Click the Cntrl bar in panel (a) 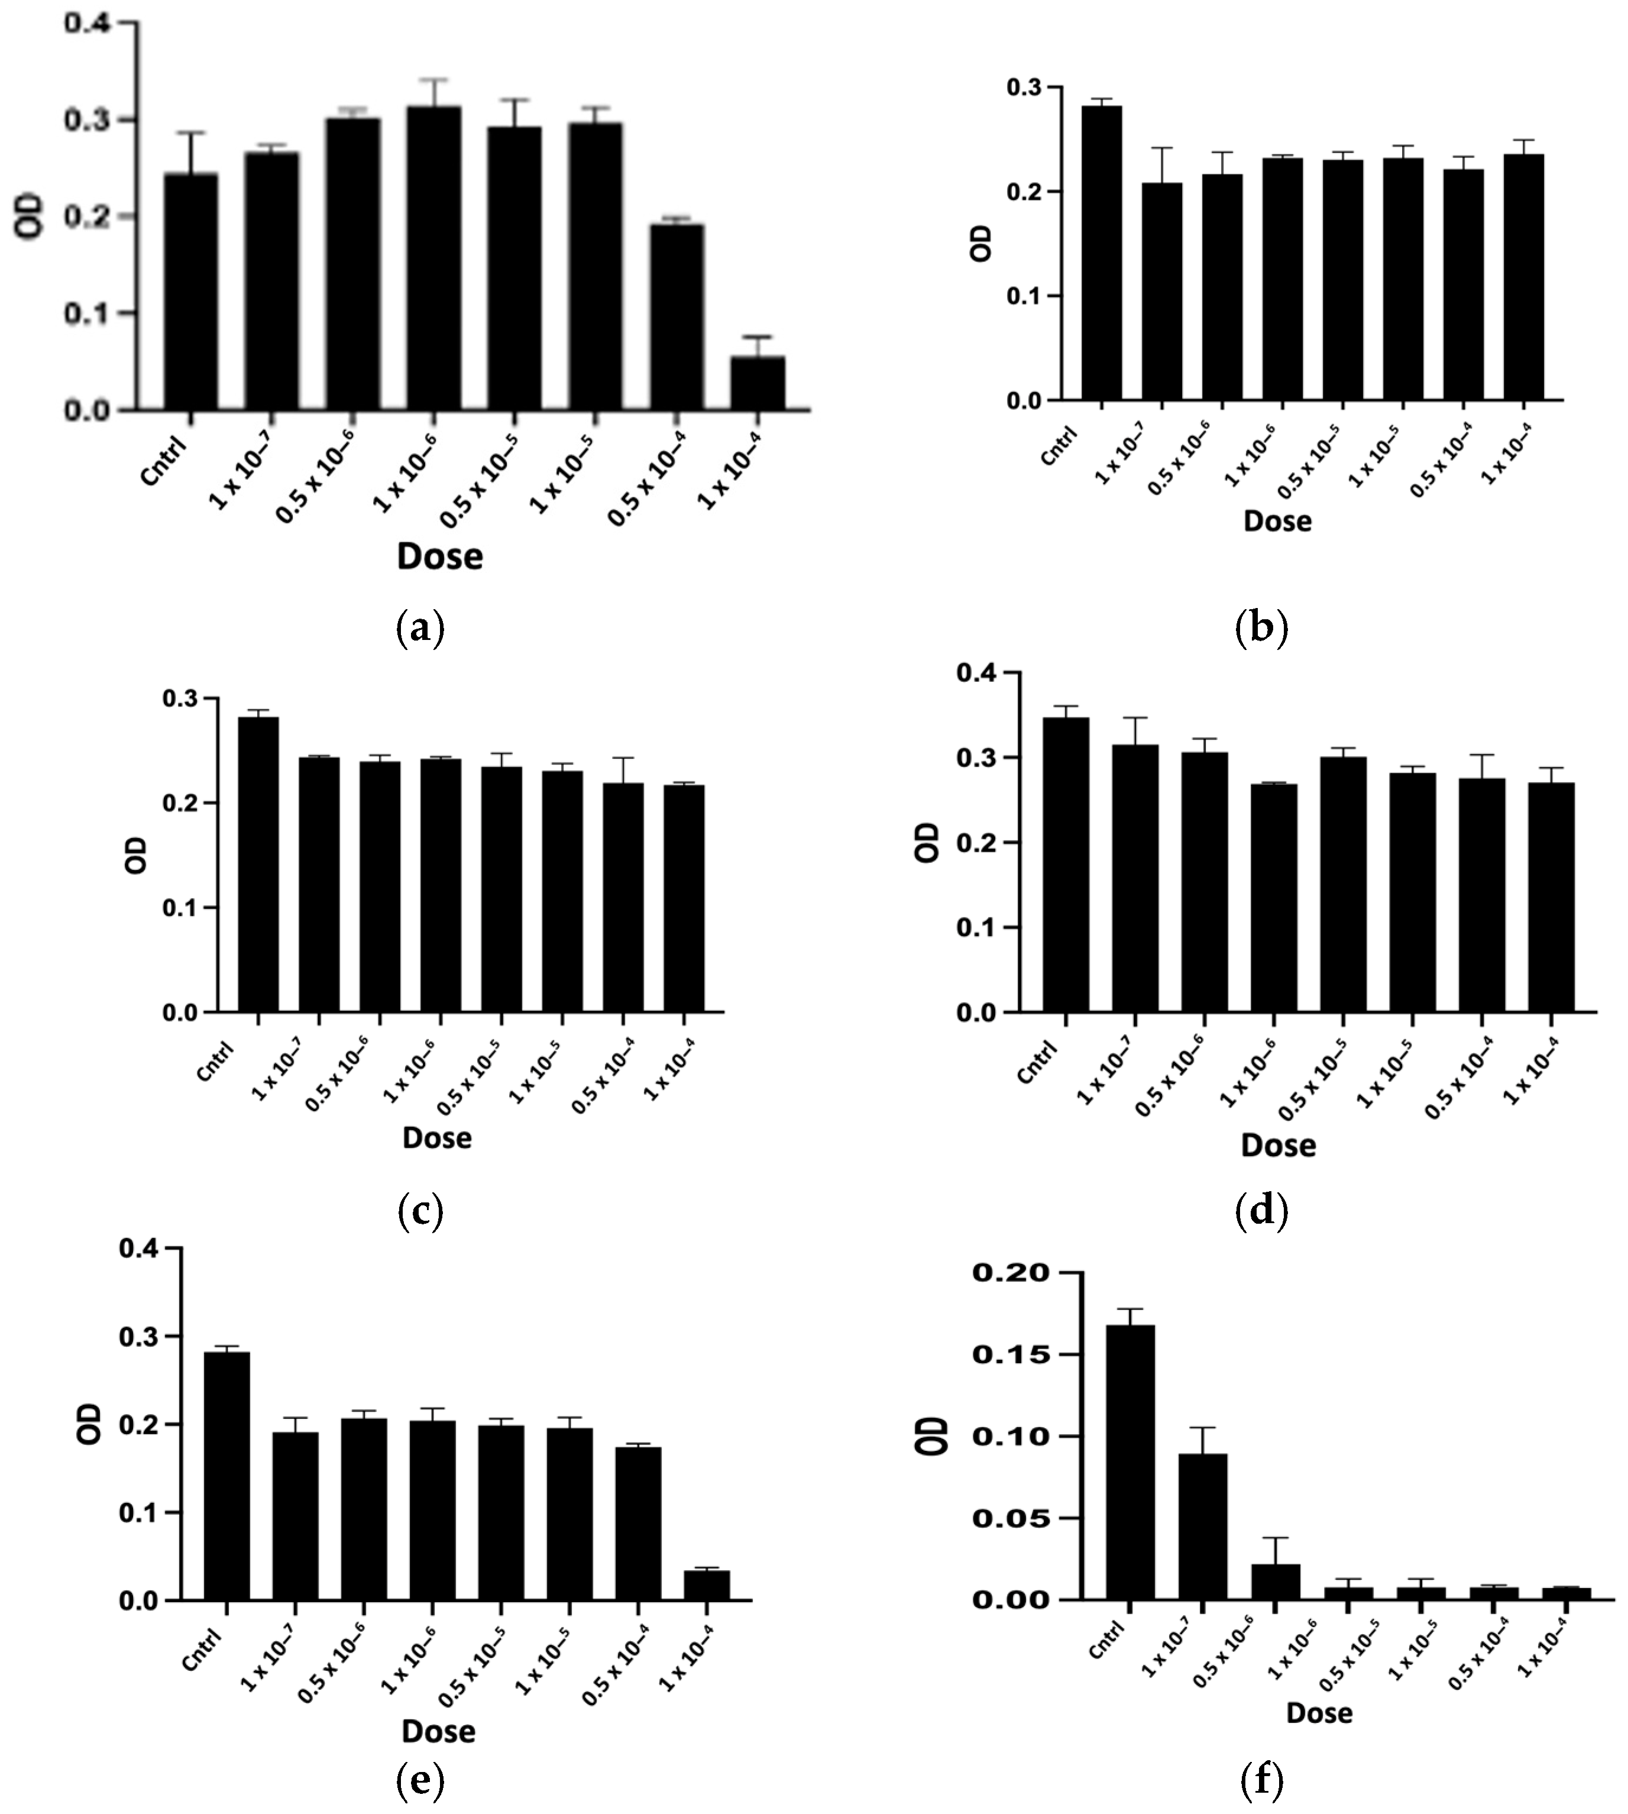[x=190, y=292]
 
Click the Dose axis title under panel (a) [x=439, y=557]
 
